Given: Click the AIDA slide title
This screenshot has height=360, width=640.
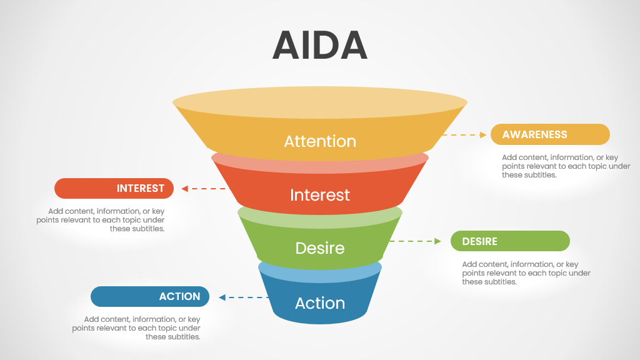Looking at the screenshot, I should [319, 45].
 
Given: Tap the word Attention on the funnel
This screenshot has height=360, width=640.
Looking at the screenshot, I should [320, 141].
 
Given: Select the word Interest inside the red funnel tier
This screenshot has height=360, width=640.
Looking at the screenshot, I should [320, 195].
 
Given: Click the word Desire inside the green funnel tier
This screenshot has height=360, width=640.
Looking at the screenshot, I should [320, 248].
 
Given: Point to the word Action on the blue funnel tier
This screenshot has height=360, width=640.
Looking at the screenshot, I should [320, 303].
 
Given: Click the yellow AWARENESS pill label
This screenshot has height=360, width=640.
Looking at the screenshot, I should [549, 134].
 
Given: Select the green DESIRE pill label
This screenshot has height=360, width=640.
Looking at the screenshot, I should [510, 241].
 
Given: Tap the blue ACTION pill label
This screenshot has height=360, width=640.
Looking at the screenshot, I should [149, 296].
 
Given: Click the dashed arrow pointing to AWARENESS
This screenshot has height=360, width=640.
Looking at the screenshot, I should [464, 134].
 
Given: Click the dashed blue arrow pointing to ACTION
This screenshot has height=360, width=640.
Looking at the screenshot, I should [244, 297].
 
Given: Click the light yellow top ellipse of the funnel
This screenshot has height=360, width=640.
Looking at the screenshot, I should [320, 102].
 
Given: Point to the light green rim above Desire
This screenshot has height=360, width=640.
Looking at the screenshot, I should [320, 215].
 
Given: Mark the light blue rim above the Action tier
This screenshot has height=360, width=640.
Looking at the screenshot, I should [320, 269].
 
